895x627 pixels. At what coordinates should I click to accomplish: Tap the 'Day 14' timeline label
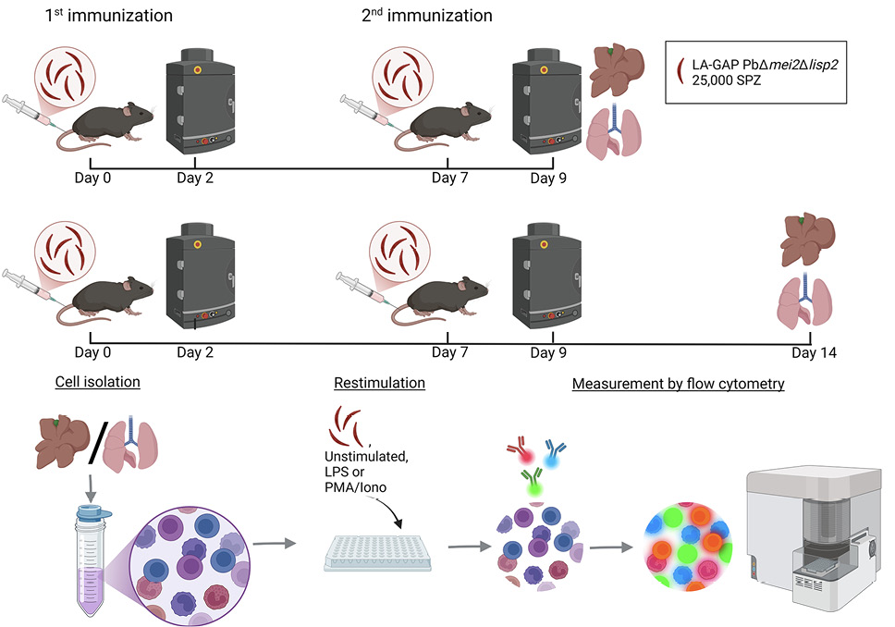pos(814,352)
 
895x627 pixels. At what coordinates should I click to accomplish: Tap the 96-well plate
pos(377,553)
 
